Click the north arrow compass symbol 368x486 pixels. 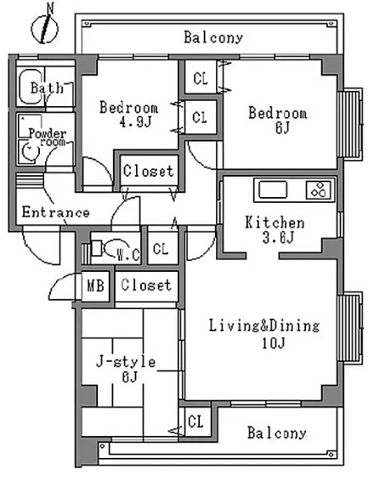[45, 26]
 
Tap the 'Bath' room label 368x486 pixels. [47, 88]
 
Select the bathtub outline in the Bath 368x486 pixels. [30, 87]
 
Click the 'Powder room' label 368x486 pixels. [48, 138]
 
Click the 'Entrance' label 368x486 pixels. [56, 212]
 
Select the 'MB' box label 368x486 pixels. [95, 285]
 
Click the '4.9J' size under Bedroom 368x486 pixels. [135, 122]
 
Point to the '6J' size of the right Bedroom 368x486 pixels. [282, 127]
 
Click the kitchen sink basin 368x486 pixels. [273, 189]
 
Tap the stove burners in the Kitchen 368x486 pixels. [319, 189]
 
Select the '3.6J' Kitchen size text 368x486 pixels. [278, 238]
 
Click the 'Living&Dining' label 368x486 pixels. [264, 325]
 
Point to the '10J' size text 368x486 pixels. [273, 343]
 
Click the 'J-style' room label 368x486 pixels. [126, 362]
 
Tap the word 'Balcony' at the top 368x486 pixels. [213, 37]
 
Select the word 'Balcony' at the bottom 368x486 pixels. [277, 432]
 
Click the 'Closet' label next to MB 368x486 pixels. [146, 285]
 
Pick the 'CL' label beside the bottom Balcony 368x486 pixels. [196, 421]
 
